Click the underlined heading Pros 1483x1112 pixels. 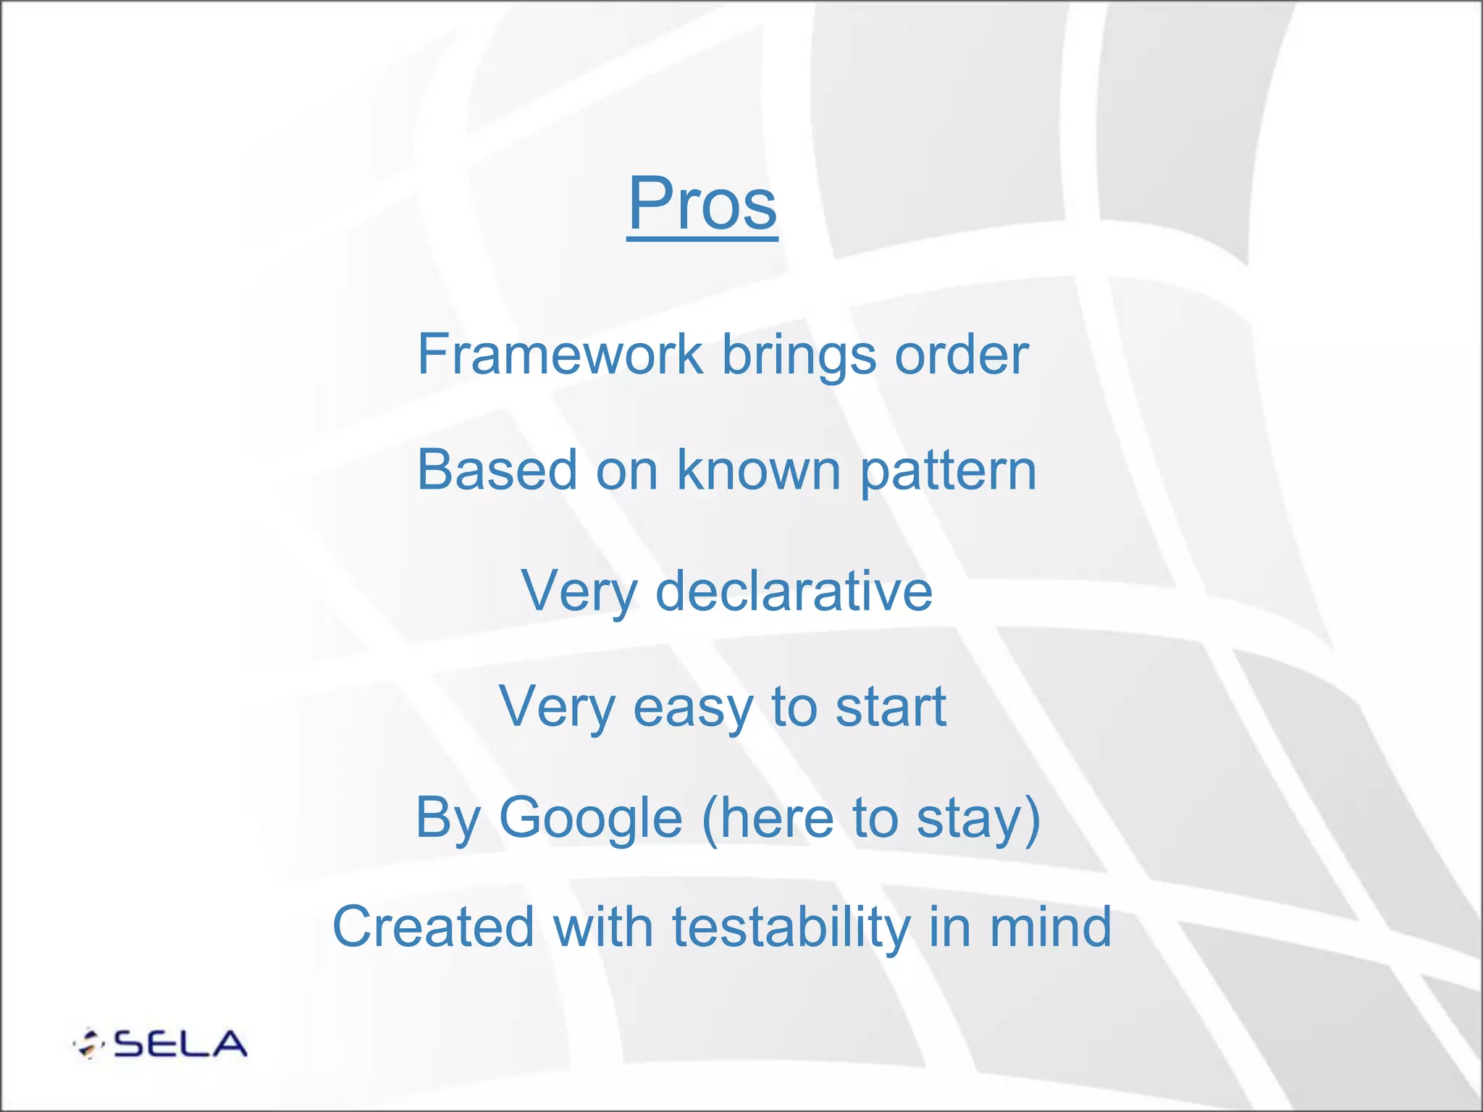click(x=702, y=204)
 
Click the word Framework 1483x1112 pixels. click(x=560, y=355)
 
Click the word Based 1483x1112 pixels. click(x=497, y=471)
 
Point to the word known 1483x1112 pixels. click(x=759, y=471)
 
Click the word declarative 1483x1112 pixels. click(x=794, y=591)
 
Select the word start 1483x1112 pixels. click(x=891, y=707)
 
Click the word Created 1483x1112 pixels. click(x=433, y=927)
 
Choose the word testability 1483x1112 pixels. click(x=791, y=929)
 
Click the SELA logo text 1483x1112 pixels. click(x=180, y=1044)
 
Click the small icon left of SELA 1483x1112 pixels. click(x=88, y=1044)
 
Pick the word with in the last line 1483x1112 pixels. click(x=603, y=927)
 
